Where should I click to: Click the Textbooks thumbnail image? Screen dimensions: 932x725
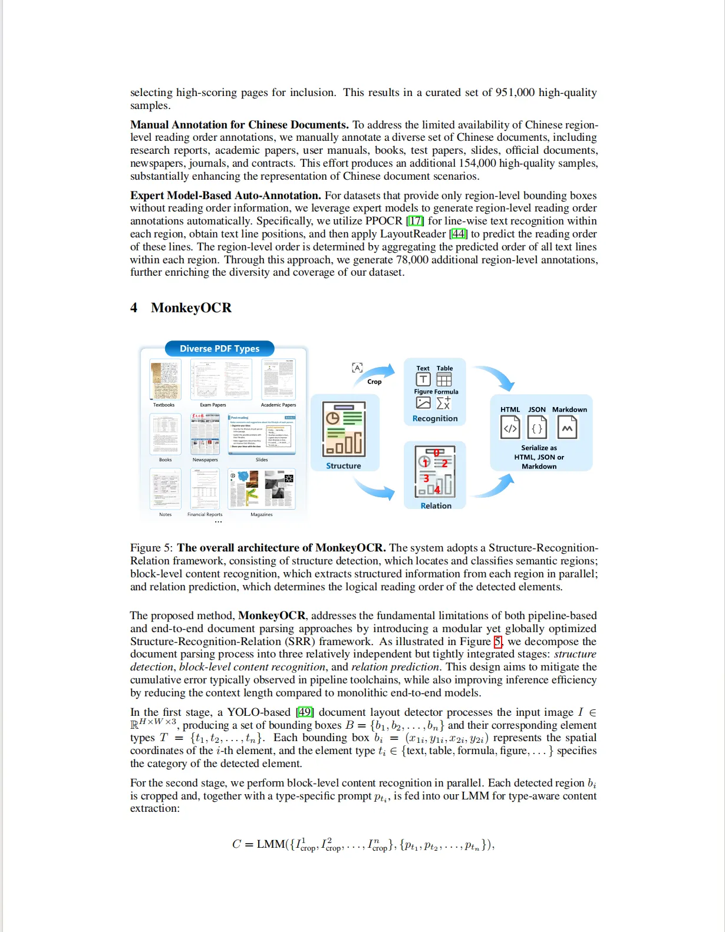pos(164,379)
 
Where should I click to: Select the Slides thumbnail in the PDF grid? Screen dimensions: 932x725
pos(262,434)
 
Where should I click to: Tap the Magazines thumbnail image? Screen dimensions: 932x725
pos(262,489)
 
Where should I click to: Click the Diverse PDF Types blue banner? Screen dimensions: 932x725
pos(219,348)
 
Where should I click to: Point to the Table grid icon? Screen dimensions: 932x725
pos(444,379)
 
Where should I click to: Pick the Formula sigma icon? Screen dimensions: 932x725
pos(444,403)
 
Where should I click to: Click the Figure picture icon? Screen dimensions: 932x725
pos(423,403)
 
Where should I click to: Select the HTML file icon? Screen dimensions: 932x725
pos(510,428)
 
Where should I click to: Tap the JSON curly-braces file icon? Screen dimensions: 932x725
pos(537,428)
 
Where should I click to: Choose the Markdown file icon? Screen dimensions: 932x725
pos(567,428)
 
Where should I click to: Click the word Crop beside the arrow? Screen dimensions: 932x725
pos(374,382)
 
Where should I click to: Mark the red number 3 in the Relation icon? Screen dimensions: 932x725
pos(426,478)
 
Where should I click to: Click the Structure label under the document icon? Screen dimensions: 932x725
pos(344,465)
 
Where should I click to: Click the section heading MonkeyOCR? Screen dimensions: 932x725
pos(191,308)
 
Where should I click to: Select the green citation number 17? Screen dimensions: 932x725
pos(416,221)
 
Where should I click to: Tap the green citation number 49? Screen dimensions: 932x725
pos(305,712)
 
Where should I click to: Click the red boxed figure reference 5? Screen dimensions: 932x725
pos(498,642)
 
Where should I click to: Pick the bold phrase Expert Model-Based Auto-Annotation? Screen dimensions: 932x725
pos(225,196)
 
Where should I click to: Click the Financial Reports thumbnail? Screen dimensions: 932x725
pos(205,489)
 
